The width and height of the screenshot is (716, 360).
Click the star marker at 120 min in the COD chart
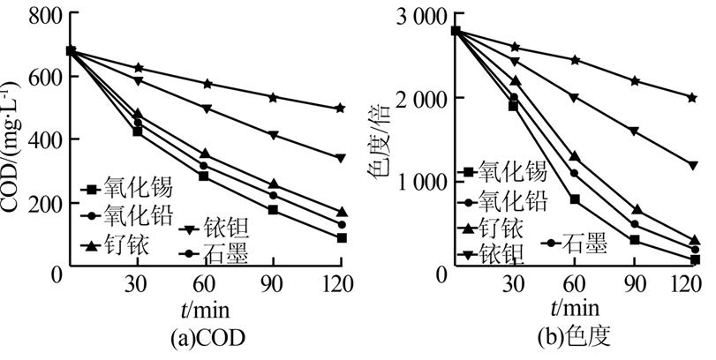pyautogui.click(x=341, y=108)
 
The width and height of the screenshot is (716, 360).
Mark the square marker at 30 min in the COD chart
pyautogui.click(x=138, y=131)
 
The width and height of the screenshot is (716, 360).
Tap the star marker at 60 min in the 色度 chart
pyautogui.click(x=575, y=60)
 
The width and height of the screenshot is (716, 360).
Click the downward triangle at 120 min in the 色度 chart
pyautogui.click(x=695, y=165)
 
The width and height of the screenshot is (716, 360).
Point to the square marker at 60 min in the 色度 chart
pyautogui.click(x=575, y=199)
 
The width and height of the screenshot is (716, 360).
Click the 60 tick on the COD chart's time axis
pyautogui.click(x=205, y=285)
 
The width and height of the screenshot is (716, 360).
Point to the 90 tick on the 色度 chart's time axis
pyautogui.click(x=634, y=285)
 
